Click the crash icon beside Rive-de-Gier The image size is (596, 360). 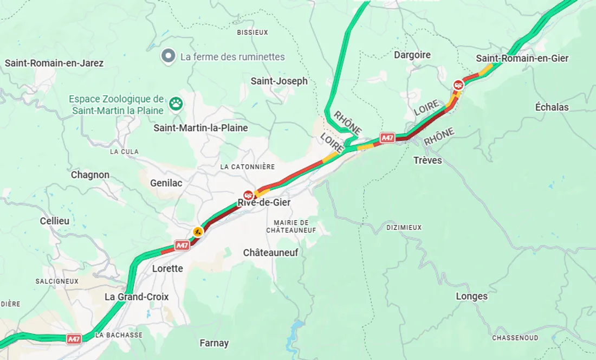coord(248,194)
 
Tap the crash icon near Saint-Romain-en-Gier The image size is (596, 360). coord(458,85)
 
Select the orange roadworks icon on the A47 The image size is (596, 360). coord(198,232)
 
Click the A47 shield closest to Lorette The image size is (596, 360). coord(182,246)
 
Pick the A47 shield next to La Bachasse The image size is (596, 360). coord(74,339)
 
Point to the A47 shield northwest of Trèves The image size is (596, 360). coord(387,138)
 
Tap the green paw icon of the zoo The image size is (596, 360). coord(176,103)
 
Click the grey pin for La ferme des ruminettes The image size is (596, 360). coord(169,56)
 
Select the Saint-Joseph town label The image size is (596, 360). coord(278,81)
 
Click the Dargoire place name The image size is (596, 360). coord(412,55)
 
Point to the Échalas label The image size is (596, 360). coord(552,107)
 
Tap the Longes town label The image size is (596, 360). coord(471,296)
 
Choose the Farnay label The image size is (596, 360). coord(214,343)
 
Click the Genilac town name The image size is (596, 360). coord(166,183)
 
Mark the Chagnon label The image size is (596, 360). coord(90,175)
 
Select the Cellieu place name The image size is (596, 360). coord(55,221)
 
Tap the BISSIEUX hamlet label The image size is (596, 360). coord(252,33)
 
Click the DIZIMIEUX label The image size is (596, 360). coord(404,228)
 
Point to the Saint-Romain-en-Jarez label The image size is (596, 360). coord(54,63)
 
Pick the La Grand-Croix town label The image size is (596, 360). coord(137,297)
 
